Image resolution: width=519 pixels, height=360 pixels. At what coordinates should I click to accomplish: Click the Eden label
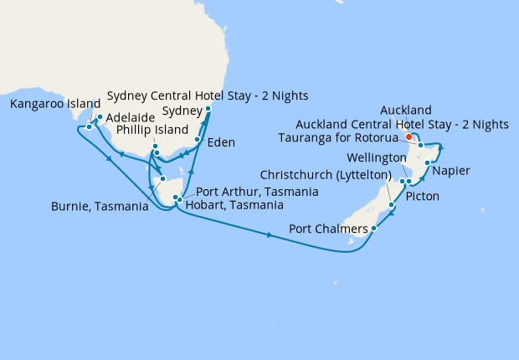tap(220, 142)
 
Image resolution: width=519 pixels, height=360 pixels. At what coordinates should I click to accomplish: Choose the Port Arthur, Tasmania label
tap(256, 192)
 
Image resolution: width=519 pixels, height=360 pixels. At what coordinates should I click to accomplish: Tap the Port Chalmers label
tap(327, 229)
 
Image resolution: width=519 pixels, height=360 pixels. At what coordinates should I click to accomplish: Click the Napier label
tap(452, 171)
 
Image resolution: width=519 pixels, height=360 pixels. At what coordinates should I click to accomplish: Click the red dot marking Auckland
tap(409, 137)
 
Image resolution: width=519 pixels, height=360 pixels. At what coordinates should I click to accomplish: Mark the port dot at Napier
tap(428, 162)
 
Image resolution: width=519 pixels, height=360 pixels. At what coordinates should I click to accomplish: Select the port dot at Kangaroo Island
tap(89, 127)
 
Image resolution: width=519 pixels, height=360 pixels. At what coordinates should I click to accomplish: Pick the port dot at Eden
tap(198, 141)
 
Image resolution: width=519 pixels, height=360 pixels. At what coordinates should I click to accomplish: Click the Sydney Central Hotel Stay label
tap(208, 94)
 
